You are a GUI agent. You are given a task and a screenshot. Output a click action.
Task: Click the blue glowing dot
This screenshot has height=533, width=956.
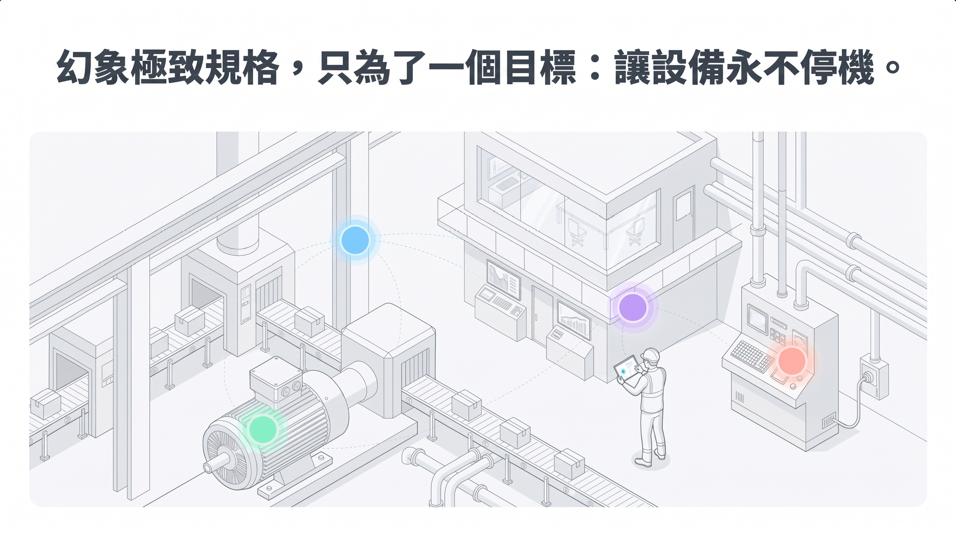pos(355,240)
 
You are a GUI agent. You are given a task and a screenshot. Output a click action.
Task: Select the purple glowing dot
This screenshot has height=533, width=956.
pos(633,307)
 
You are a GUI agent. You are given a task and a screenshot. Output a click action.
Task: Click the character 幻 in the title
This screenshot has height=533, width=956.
pos(75,68)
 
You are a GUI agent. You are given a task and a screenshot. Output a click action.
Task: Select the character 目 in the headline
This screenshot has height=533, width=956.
pos(520,68)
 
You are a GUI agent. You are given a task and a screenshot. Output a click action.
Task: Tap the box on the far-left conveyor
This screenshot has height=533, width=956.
pos(45,403)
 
